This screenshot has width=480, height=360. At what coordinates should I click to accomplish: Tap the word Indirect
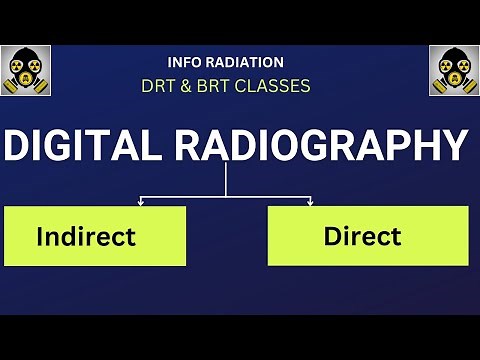click(x=85, y=237)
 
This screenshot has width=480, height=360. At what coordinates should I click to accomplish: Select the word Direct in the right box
click(x=362, y=237)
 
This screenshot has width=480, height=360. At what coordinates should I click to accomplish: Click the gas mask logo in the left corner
click(x=26, y=71)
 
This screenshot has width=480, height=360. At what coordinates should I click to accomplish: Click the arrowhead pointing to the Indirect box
click(x=140, y=203)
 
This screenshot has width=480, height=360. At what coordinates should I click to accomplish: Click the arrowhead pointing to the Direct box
click(x=310, y=203)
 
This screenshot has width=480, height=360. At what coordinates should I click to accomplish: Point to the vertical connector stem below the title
click(x=226, y=180)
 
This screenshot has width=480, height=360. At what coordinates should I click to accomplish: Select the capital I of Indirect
click(x=40, y=237)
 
